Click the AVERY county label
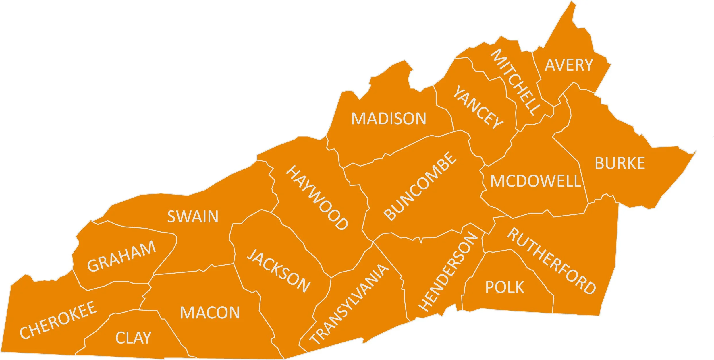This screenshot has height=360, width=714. click(569, 65)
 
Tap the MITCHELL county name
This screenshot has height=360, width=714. click(516, 82)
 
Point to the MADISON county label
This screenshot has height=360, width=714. click(389, 119)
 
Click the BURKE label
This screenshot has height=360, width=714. click(620, 163)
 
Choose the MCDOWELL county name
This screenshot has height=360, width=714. click(535, 181)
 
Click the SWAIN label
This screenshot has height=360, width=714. click(193, 217)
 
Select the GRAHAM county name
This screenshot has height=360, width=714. click(121, 256)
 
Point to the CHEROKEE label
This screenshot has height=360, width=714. click(58, 320)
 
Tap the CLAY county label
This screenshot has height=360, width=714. click(133, 338)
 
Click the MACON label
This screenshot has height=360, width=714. click(210, 313)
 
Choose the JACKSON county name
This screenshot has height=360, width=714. click(279, 271)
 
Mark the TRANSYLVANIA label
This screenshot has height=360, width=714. click(349, 304)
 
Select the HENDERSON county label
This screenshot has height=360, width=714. click(448, 272)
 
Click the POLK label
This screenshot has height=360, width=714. click(505, 287)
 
